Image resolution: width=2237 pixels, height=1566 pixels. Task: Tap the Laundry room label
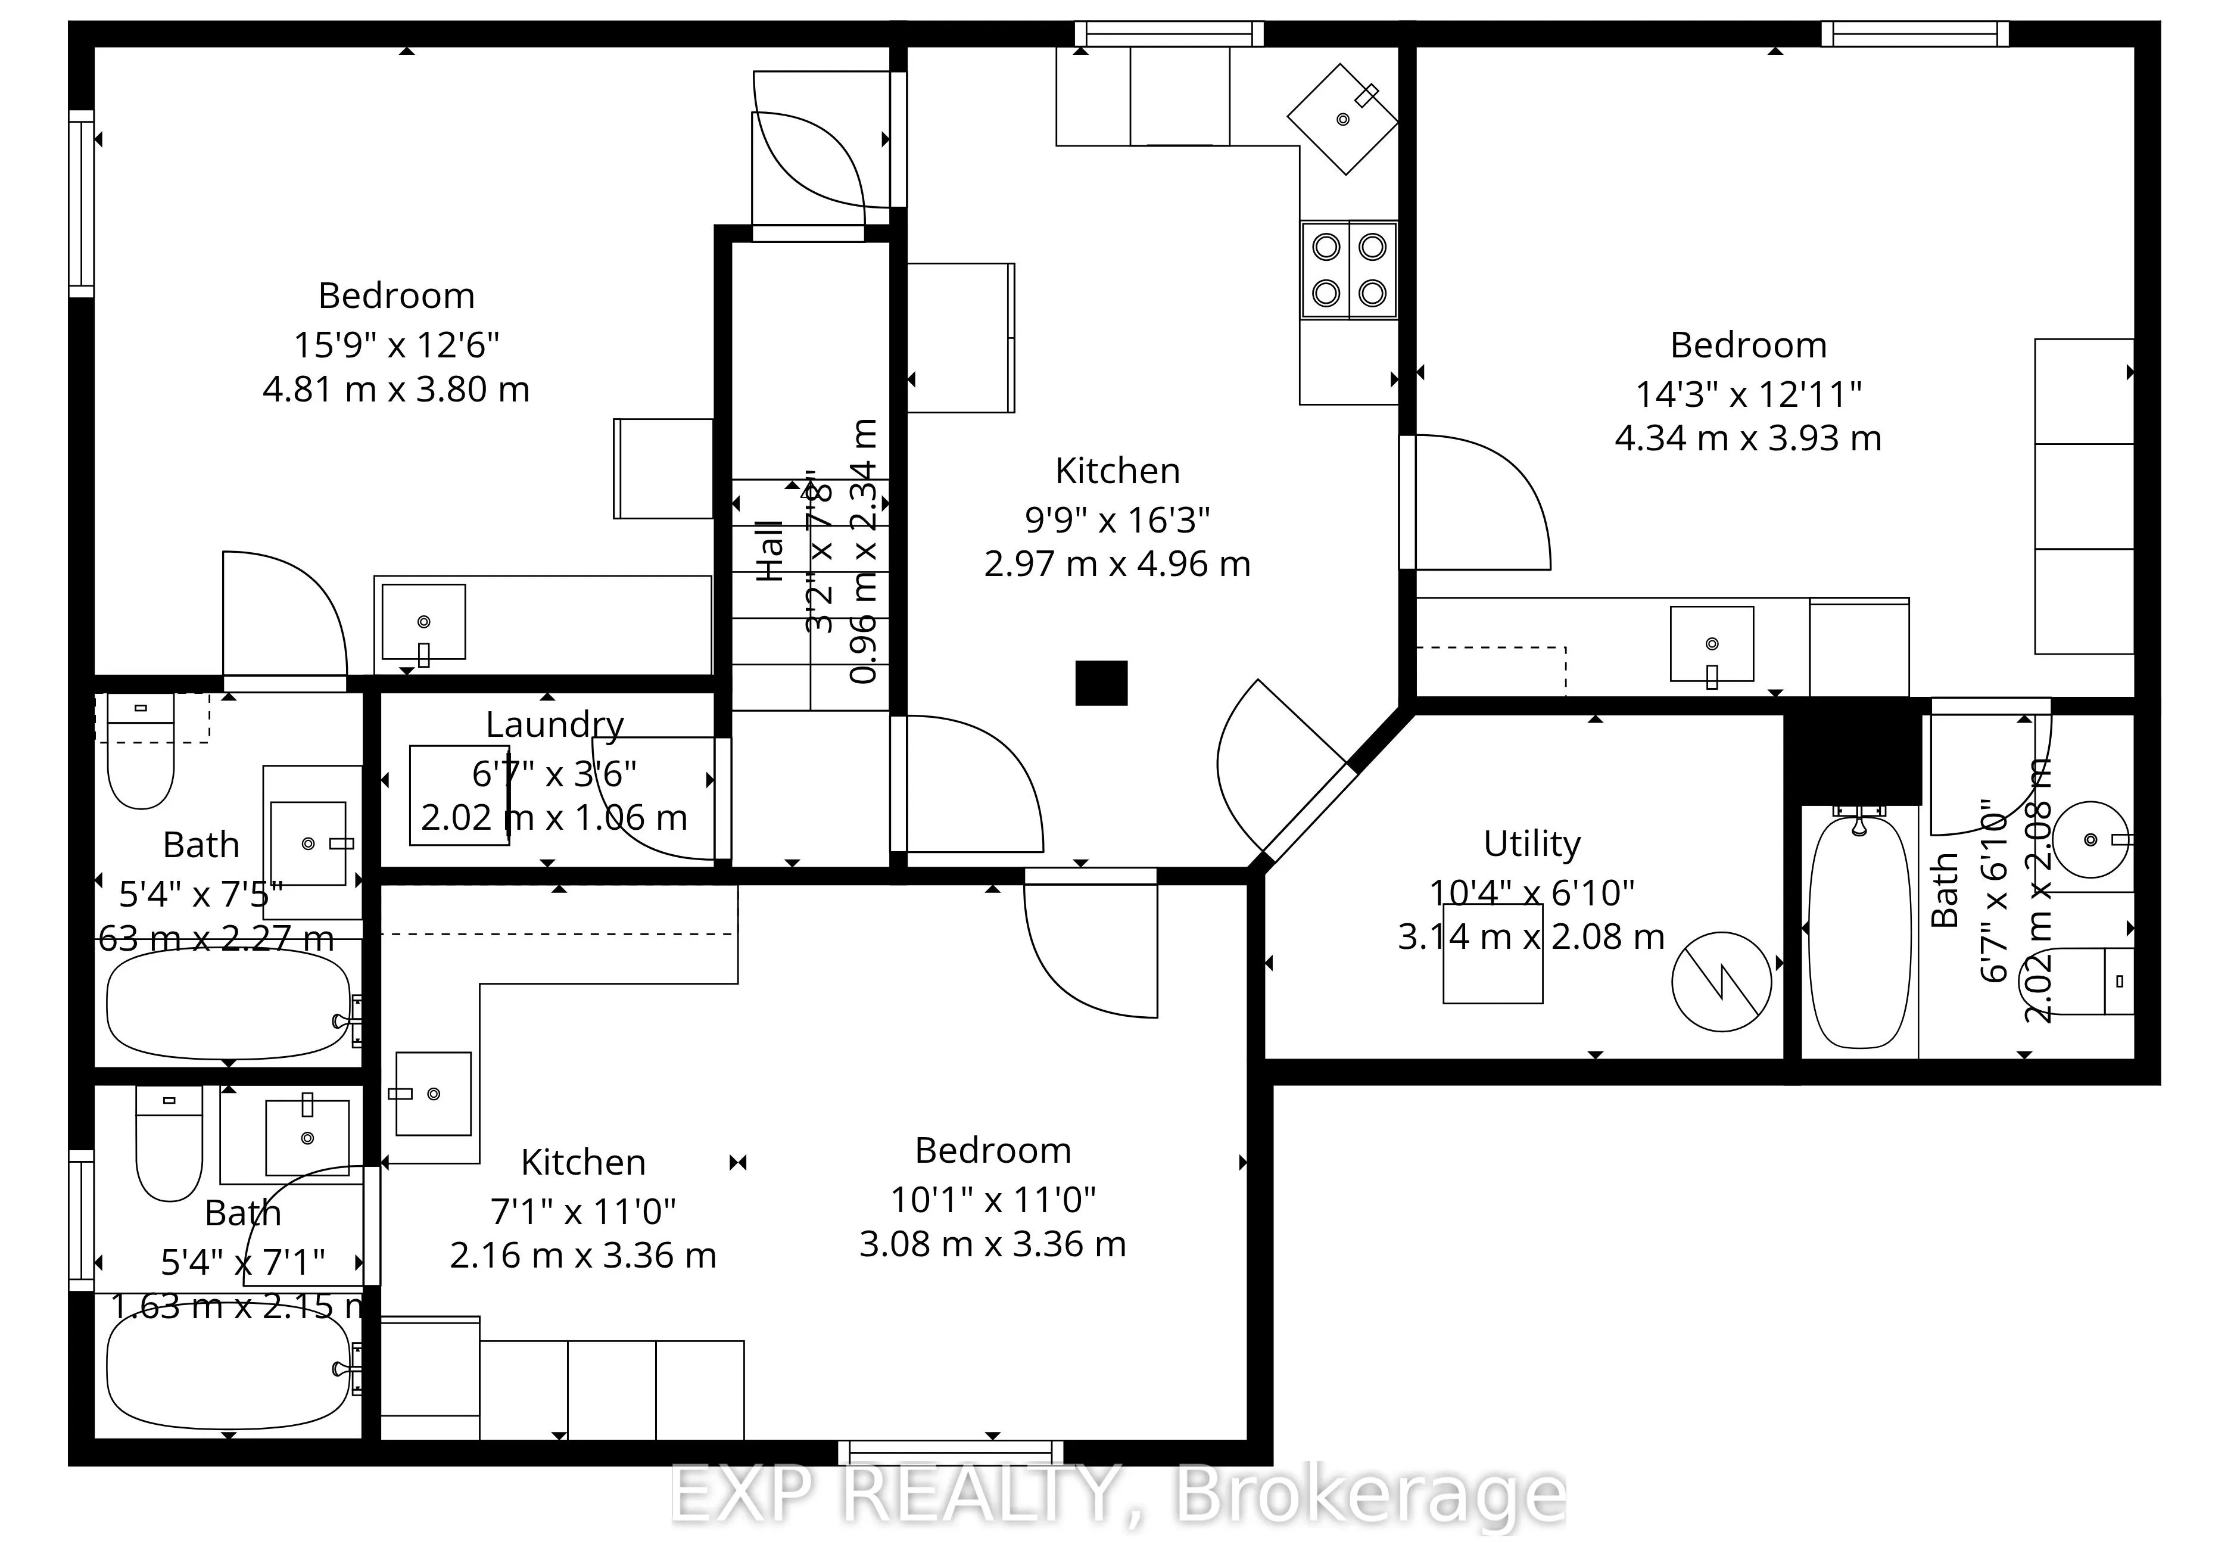click(x=554, y=725)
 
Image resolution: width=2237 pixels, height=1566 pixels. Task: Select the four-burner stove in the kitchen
click(x=1348, y=270)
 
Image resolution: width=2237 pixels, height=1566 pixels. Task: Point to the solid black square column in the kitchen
click(x=1101, y=682)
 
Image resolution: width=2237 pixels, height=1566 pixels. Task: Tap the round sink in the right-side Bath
click(x=2090, y=840)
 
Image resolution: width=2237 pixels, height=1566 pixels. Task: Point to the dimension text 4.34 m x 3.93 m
click(x=1748, y=438)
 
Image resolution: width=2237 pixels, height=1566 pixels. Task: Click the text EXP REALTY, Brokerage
click(x=1117, y=1496)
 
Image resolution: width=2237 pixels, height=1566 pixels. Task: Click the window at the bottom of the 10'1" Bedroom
click(x=950, y=1453)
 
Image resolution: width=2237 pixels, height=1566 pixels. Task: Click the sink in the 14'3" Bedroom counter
click(x=1712, y=644)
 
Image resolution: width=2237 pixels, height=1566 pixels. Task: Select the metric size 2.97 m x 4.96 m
click(x=1117, y=564)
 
